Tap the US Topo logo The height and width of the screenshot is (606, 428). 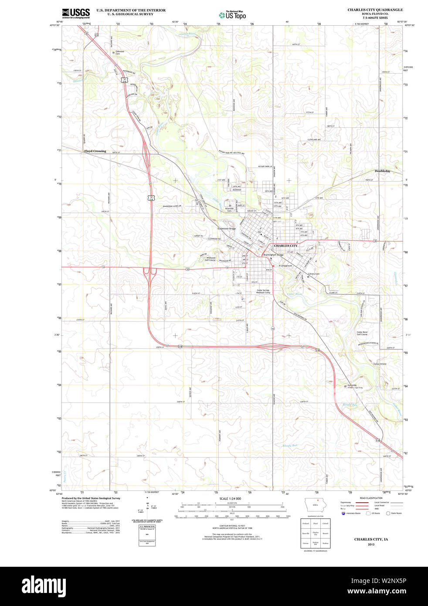pyautogui.click(x=232, y=15)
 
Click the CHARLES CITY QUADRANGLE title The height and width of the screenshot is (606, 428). pyautogui.click(x=375, y=10)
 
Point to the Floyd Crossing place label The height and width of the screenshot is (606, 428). pyautogui.click(x=95, y=151)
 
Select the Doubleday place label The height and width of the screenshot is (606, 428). pyautogui.click(x=383, y=171)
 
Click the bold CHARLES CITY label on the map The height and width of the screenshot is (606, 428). pyautogui.click(x=285, y=246)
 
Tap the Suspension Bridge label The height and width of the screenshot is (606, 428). pyautogui.click(x=227, y=228)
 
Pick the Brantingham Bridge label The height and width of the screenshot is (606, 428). pyautogui.click(x=273, y=255)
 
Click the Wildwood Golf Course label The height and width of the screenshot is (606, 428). pyautogui.click(x=211, y=259)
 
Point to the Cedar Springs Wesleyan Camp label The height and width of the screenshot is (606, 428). pyautogui.click(x=263, y=291)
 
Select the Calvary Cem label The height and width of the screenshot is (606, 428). pyautogui.click(x=314, y=274)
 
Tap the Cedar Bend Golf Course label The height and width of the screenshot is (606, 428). pyautogui.click(x=362, y=333)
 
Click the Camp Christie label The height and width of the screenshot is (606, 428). pyautogui.click(x=380, y=364)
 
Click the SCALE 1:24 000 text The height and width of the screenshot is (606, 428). pyautogui.click(x=230, y=498)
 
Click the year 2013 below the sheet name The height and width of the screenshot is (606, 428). pyautogui.click(x=371, y=545)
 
